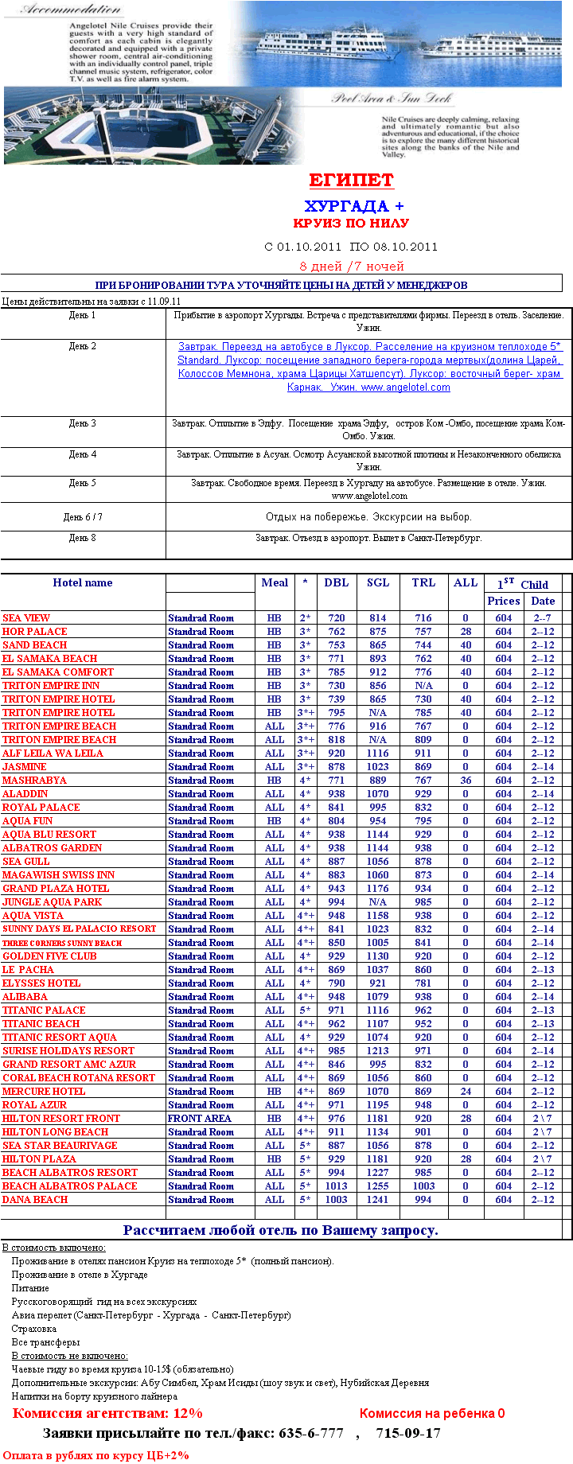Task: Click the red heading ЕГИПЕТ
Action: (351, 180)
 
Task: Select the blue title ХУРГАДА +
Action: (354, 206)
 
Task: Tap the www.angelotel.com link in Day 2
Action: (405, 387)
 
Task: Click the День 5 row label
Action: (82, 483)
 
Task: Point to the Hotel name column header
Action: (83, 582)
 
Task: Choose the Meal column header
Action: (275, 582)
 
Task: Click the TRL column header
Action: (423, 582)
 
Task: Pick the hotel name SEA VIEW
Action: (26, 618)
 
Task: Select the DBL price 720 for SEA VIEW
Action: (337, 618)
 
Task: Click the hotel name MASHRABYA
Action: (34, 781)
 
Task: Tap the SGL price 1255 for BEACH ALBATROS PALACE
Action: (378, 1186)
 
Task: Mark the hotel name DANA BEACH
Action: (35, 1200)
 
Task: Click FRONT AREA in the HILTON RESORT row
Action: (199, 1119)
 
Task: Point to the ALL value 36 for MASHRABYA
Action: (466, 781)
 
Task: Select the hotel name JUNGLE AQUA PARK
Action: (53, 902)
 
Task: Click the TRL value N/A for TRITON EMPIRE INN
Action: (423, 686)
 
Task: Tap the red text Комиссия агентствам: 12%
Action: (107, 1414)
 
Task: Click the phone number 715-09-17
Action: (408, 1433)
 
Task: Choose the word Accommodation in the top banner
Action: (71, 10)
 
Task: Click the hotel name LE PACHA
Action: (28, 970)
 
